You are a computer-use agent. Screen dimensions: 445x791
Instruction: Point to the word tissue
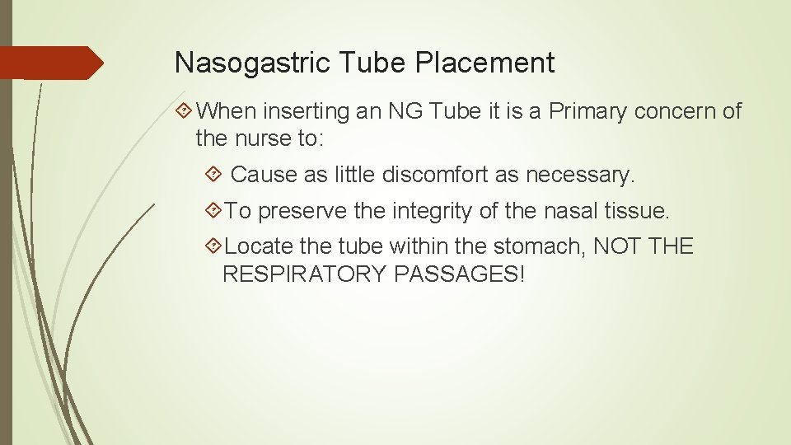click(638, 211)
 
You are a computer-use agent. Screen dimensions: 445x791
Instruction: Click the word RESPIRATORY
click(305, 274)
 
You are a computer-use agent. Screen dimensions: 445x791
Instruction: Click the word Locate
click(253, 246)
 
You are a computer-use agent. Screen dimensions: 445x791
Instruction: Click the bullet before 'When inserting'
click(185, 111)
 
